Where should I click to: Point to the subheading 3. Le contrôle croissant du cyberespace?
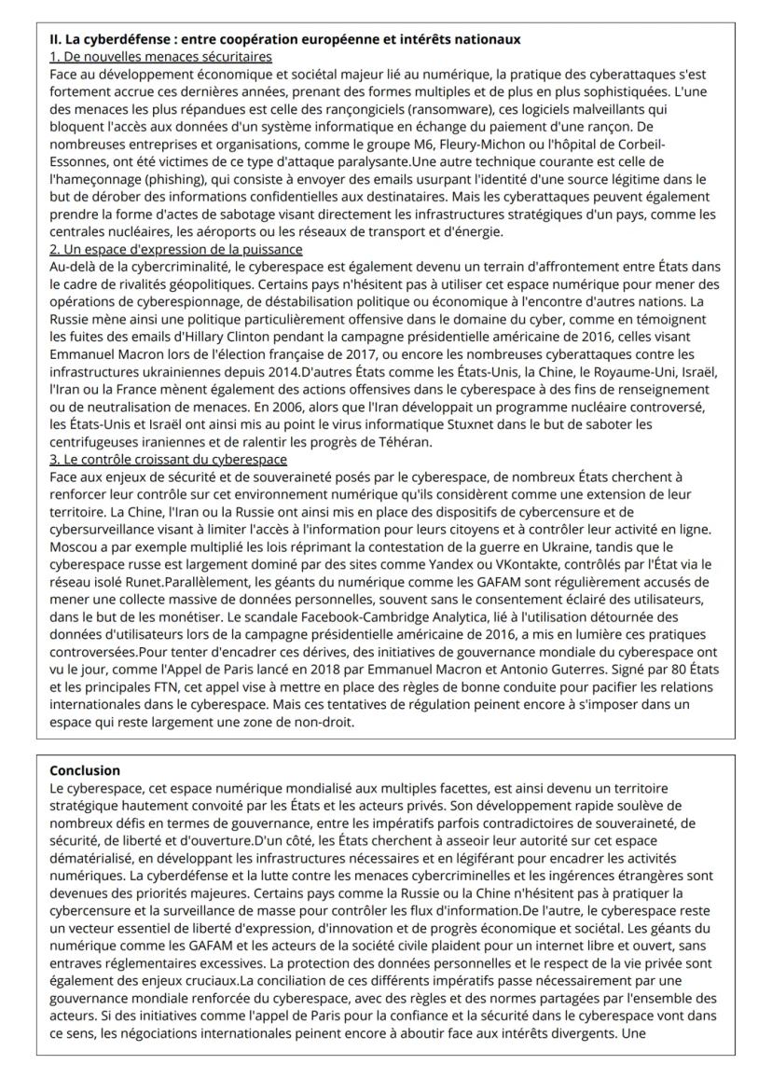[168, 459]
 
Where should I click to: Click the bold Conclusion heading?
[85, 770]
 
